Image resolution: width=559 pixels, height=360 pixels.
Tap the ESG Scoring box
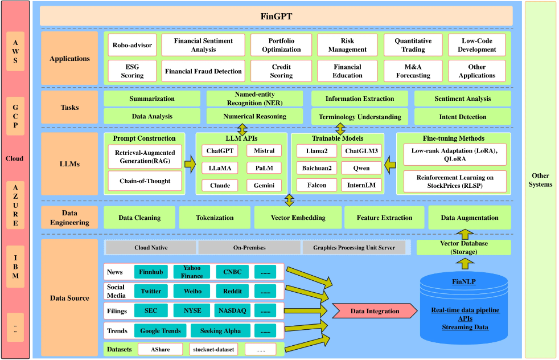(132, 71)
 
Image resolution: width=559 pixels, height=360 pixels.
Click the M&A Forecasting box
(413, 71)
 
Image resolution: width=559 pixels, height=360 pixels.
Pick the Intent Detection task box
(462, 117)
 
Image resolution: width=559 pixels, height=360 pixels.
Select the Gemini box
(264, 185)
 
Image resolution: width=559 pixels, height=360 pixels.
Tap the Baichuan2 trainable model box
(317, 168)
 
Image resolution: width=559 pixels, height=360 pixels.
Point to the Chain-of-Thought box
(145, 181)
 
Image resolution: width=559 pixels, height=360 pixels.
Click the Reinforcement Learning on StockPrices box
(454, 182)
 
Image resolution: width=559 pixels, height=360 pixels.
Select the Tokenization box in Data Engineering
(215, 218)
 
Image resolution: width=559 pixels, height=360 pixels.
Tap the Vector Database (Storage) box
(463, 247)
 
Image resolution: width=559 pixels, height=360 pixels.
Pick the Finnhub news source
(151, 272)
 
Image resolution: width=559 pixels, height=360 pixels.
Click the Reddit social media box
(232, 291)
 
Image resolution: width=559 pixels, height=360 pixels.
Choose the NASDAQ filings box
(232, 311)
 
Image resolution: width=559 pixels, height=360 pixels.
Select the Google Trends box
(160, 331)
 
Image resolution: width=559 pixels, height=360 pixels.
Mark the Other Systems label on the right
(540, 180)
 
